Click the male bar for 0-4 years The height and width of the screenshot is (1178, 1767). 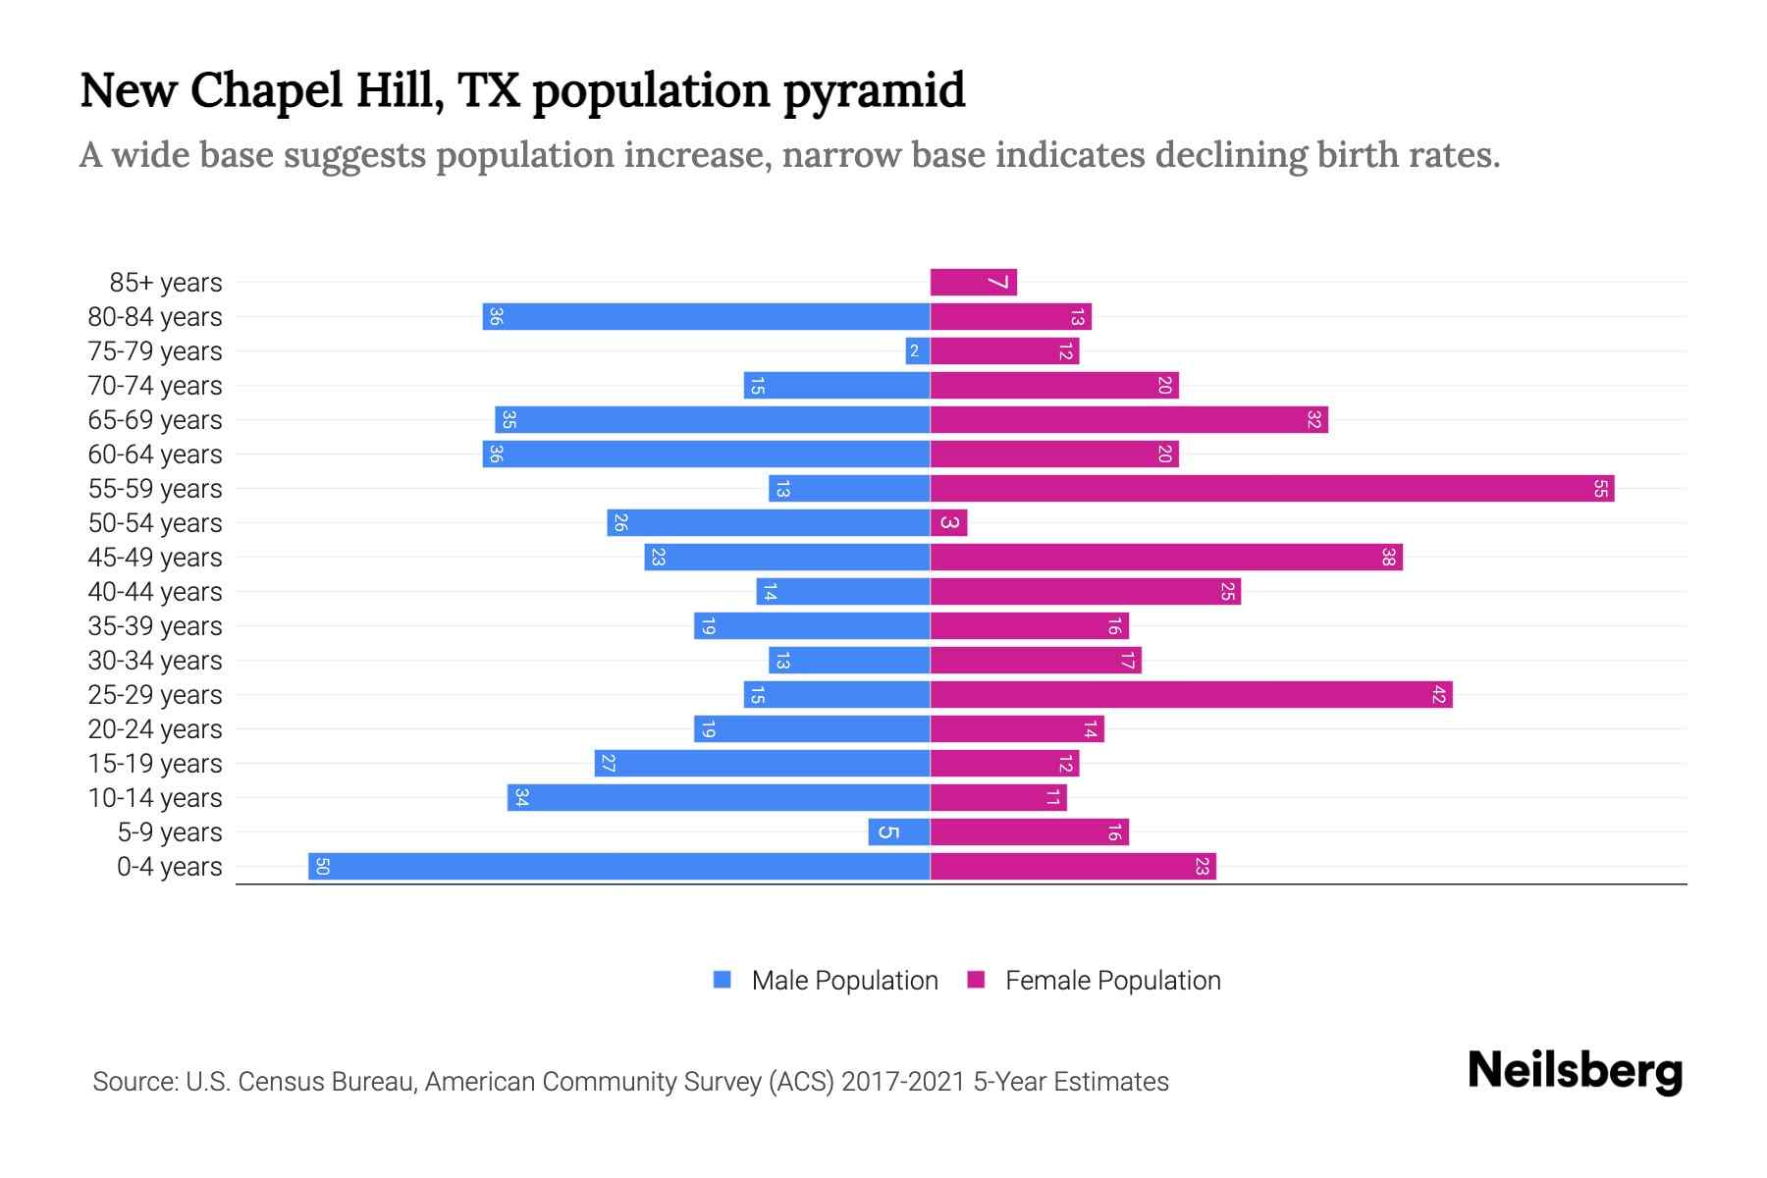(618, 867)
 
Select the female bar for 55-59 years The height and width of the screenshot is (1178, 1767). (1271, 489)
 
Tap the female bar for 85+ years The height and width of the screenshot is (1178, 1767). (973, 283)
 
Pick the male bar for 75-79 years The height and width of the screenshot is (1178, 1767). (918, 351)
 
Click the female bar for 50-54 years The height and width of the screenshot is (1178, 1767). (948, 523)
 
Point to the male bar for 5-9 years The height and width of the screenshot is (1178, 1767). (898, 832)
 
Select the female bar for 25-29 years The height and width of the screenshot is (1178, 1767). (1191, 695)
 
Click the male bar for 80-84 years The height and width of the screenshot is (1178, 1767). (706, 317)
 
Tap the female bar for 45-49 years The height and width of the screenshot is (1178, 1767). (1166, 558)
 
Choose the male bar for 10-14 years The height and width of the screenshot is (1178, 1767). (718, 798)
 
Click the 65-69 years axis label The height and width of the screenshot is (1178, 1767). (155, 420)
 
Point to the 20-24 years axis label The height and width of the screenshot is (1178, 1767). (155, 729)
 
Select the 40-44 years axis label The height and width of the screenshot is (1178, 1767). (155, 592)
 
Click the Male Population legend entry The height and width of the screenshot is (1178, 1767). (826, 981)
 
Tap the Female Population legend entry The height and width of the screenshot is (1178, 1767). (1095, 981)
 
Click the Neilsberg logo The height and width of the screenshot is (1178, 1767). (1575, 1071)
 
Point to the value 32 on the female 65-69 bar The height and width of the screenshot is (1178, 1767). (1313, 420)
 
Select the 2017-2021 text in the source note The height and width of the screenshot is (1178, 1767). (903, 1082)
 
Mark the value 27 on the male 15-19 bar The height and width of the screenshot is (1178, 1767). (608, 764)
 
